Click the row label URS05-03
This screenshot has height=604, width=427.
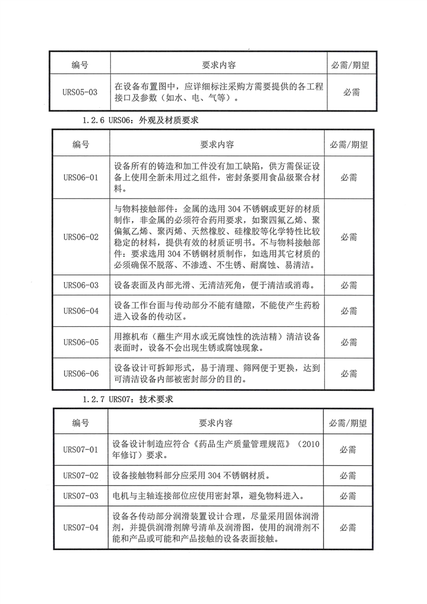pyautogui.click(x=80, y=92)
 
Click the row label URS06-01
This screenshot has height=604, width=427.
pyautogui.click(x=80, y=178)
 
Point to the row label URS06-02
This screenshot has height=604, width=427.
pyautogui.click(x=80, y=236)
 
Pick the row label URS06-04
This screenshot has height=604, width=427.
pyautogui.click(x=80, y=311)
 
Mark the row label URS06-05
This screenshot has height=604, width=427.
pyautogui.click(x=80, y=342)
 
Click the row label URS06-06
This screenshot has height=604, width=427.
pyautogui.click(x=80, y=374)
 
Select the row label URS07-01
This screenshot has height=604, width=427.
pyautogui.click(x=80, y=450)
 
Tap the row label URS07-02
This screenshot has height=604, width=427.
pyautogui.click(x=80, y=475)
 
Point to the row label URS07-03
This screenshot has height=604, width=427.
pyautogui.click(x=80, y=496)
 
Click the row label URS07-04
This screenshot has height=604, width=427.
pyautogui.click(x=80, y=527)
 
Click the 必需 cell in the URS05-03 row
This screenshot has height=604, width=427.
pyautogui.click(x=351, y=92)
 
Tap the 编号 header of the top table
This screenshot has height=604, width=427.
pyautogui.click(x=80, y=65)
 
